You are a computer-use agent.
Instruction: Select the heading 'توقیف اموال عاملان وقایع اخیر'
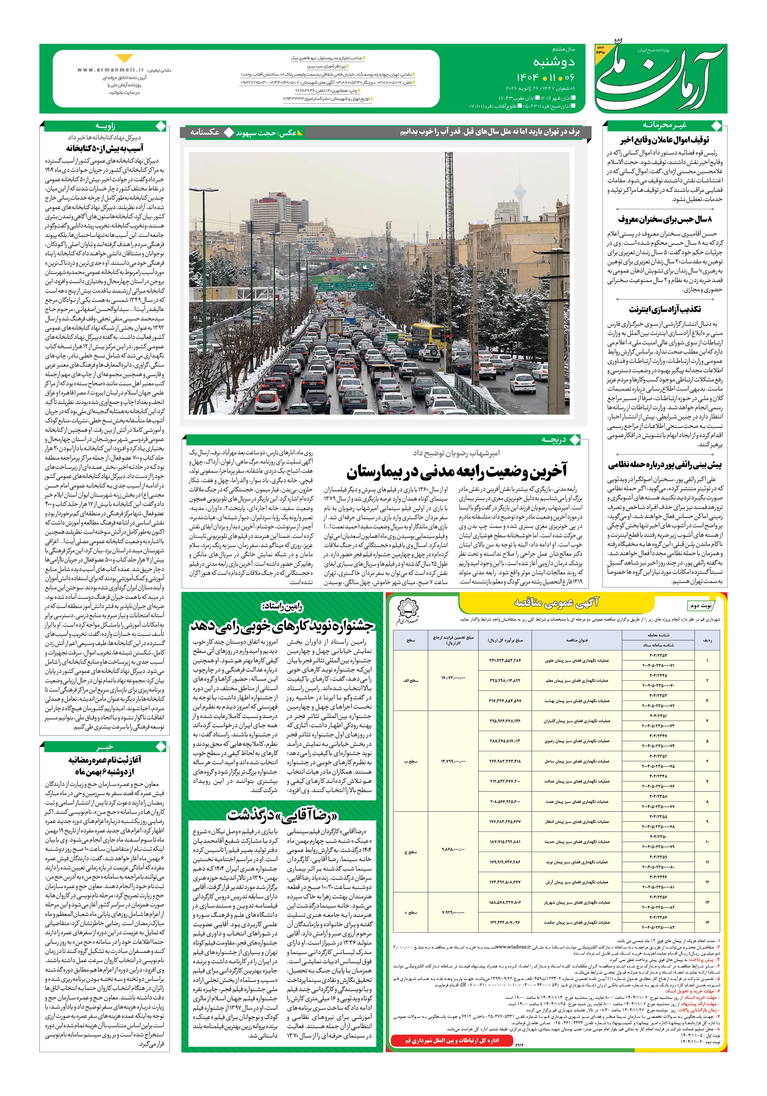pos(664,140)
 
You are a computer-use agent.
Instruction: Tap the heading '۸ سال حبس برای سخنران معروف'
pos(664,220)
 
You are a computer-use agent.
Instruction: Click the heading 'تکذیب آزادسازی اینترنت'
pos(664,309)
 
